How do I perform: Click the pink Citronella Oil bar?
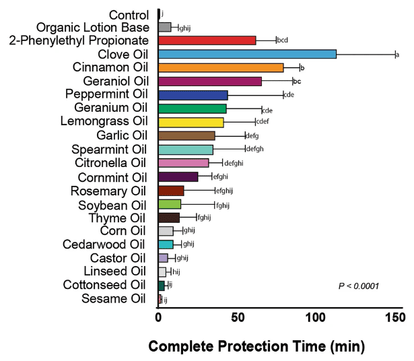pyautogui.click(x=184, y=163)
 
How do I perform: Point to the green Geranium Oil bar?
pyautogui.click(x=193, y=108)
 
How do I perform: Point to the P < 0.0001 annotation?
pyautogui.click(x=358, y=286)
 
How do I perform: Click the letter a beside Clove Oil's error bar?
pyautogui.click(x=397, y=55)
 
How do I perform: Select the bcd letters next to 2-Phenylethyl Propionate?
pyautogui.click(x=282, y=40)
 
